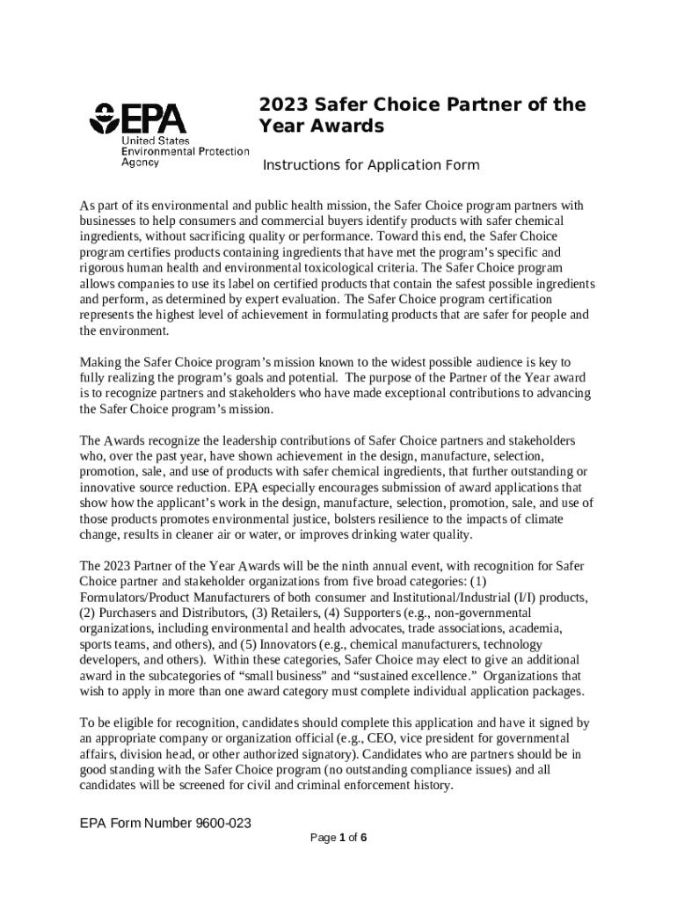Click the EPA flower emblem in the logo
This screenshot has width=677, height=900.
pos(106,120)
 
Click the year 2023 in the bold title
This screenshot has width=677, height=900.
pos(281,105)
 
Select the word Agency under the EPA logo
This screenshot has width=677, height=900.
pos(140,162)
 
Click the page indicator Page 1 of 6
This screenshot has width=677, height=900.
pos(338,838)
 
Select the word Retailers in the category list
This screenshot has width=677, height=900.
pos(274,613)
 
